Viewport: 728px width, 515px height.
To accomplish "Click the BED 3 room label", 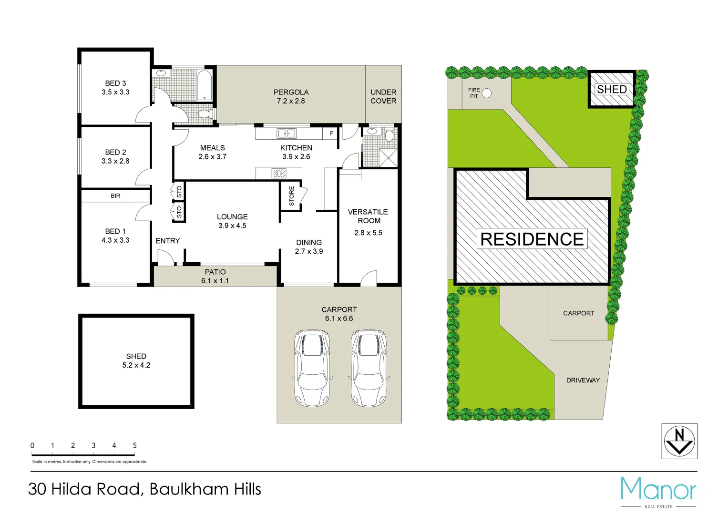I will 115,83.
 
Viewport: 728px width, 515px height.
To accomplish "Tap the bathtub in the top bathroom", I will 204,85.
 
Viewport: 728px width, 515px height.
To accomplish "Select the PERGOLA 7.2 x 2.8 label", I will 291,96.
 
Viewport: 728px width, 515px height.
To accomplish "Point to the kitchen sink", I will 287,134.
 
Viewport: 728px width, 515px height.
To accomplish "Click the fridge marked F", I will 331,134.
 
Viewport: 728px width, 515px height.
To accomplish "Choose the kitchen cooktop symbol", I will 279,173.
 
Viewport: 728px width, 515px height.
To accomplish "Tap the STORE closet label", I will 291,196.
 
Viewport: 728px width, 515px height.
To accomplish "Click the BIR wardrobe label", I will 115,196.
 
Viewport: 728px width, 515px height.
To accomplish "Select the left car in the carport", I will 312,368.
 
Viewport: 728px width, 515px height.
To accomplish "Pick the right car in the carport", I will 369,368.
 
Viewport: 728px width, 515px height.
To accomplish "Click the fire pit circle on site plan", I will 486,93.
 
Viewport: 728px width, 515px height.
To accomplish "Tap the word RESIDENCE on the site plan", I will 532,239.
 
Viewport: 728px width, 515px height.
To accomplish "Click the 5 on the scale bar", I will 134,445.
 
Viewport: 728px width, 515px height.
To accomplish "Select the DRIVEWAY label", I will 583,380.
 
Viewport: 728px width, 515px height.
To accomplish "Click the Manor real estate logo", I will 658,491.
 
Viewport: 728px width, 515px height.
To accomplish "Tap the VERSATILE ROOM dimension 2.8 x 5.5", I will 368,233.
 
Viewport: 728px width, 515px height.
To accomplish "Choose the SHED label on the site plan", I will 612,89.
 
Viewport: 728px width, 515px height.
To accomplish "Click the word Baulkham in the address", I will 189,489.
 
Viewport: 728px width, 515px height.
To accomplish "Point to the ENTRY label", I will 168,241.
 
